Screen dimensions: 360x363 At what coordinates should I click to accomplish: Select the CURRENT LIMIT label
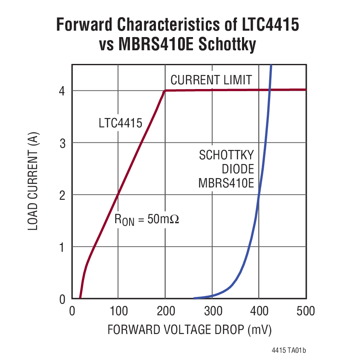coord(211,80)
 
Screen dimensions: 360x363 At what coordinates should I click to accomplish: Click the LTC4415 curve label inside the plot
coord(120,124)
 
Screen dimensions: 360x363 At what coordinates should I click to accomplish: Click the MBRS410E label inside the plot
coord(226,183)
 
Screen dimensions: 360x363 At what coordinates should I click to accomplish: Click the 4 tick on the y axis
coord(62,91)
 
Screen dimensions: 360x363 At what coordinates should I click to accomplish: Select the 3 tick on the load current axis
coord(62,143)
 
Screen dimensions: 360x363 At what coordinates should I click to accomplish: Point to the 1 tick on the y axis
coord(62,247)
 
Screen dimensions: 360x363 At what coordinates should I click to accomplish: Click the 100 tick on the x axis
coord(118,311)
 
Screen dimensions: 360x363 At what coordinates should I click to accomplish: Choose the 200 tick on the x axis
coord(165,311)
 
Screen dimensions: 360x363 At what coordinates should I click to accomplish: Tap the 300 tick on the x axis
coord(212,311)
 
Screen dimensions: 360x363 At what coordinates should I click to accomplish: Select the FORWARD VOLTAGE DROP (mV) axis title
coord(189,330)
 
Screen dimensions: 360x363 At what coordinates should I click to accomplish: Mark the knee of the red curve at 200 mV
coord(165,90)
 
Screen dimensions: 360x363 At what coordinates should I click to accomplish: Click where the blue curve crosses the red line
coord(269,90)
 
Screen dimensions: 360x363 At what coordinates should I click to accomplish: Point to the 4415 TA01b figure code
coord(288,351)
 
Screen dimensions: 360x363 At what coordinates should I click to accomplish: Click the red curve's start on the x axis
coord(80,298)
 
